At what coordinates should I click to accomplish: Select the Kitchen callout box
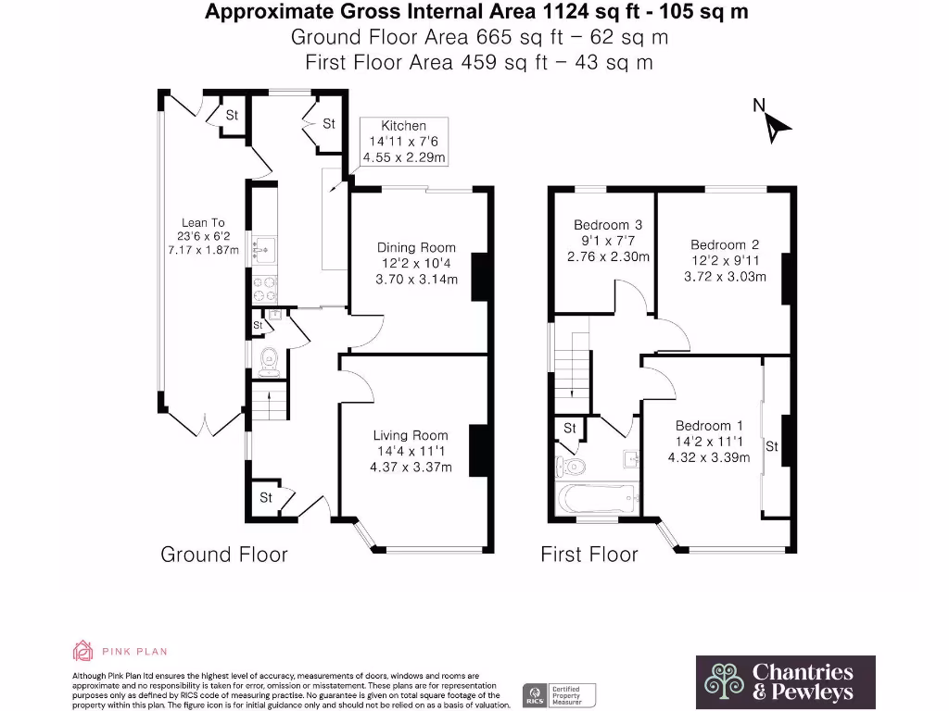click(x=404, y=142)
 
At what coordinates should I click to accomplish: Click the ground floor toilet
click(x=269, y=361)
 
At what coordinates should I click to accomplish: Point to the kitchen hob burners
click(x=263, y=289)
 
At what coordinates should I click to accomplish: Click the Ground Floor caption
click(x=224, y=555)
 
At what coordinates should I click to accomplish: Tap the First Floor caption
click(x=589, y=555)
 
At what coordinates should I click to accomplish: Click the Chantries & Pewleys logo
click(x=785, y=681)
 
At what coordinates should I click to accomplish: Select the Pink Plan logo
click(x=120, y=651)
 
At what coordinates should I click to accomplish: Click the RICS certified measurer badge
click(x=559, y=693)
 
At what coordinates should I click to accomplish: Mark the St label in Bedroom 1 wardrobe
click(x=771, y=447)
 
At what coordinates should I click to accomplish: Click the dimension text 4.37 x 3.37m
click(x=411, y=468)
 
